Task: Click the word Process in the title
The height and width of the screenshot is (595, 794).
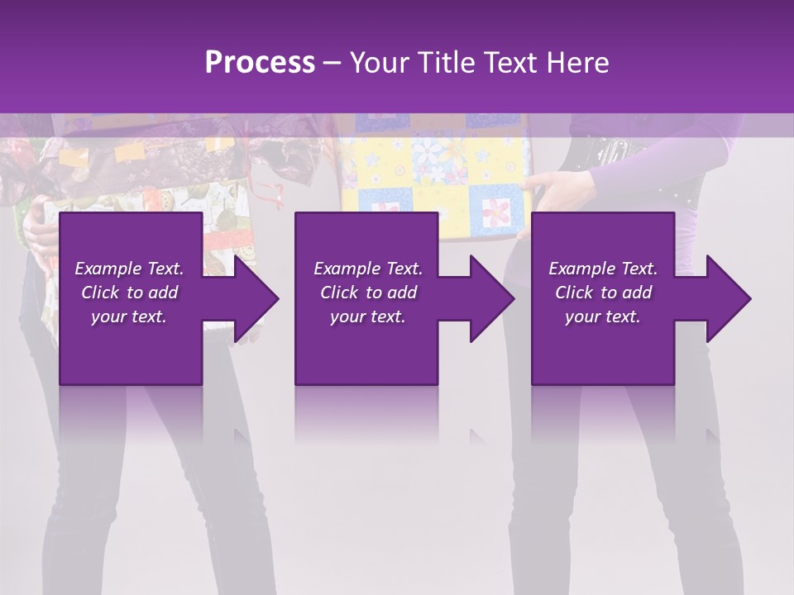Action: click(x=260, y=62)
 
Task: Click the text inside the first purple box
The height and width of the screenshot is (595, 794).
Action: click(x=129, y=293)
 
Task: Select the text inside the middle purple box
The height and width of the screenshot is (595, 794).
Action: click(x=367, y=293)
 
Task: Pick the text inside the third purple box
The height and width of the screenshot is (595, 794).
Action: click(x=602, y=293)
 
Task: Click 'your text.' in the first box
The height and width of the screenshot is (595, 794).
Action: click(x=129, y=317)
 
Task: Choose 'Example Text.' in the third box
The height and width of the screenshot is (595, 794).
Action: click(x=602, y=269)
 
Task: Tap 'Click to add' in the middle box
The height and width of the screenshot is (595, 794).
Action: click(x=367, y=293)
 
